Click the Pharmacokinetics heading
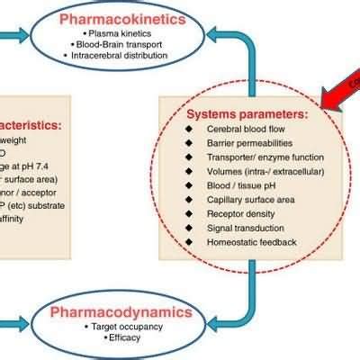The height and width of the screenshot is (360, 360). point(138,19)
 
